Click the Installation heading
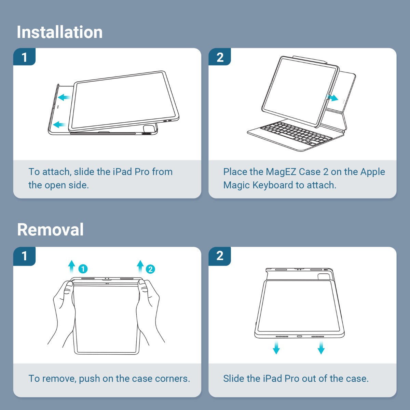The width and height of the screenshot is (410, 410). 59,32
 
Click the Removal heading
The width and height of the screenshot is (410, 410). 51,230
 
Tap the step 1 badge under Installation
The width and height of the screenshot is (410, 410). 24,57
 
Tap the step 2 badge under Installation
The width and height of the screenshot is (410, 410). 220,57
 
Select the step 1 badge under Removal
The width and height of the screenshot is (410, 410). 24,256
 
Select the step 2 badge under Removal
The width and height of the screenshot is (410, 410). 220,256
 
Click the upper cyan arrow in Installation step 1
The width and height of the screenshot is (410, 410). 64,97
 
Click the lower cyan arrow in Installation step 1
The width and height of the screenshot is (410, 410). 59,124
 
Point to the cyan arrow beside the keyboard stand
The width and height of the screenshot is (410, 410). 332,98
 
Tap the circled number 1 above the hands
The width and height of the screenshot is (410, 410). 83,269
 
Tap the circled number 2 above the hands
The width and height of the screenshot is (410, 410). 150,269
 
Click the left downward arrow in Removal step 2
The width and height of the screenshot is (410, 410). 276,347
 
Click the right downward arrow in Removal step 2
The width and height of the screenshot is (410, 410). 321,347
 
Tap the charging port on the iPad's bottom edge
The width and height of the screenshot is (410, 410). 300,337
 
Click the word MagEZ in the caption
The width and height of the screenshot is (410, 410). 281,172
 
